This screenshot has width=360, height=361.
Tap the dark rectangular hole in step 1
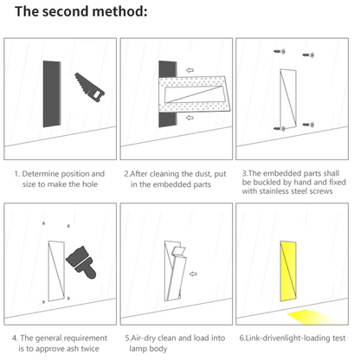click(x=49, y=93)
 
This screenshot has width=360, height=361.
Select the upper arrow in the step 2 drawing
click(x=190, y=71)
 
